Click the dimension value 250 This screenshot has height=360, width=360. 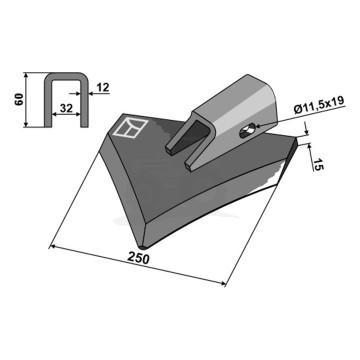click(x=138, y=259)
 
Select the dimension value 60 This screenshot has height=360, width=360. click(x=19, y=100)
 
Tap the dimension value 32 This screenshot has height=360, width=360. click(x=66, y=108)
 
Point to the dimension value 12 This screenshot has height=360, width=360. click(x=103, y=87)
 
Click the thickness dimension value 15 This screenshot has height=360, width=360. click(x=317, y=165)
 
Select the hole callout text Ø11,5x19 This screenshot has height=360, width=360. click(x=319, y=106)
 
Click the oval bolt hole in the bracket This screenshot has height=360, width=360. click(x=247, y=130)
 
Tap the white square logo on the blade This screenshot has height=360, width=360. click(x=130, y=127)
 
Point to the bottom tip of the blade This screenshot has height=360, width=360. click(x=142, y=247)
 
